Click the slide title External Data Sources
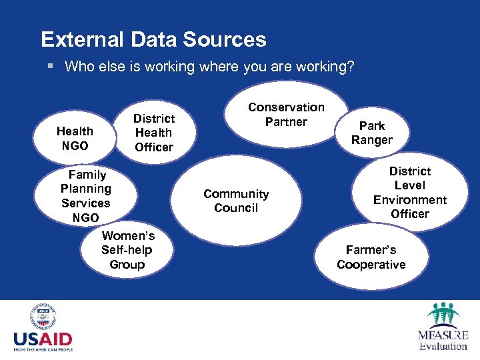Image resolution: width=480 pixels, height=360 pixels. pyautogui.click(x=153, y=39)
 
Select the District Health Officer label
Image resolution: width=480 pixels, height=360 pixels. pyautogui.click(x=154, y=133)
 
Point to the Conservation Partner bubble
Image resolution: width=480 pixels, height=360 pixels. pyautogui.click(x=286, y=115)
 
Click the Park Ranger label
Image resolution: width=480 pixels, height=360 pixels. pyautogui.click(x=372, y=133)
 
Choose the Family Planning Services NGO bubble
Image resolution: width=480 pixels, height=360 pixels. pyautogui.click(x=86, y=196)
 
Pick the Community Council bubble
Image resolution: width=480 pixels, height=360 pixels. pyautogui.click(x=236, y=201)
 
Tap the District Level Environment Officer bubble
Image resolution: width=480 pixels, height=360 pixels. pyautogui.click(x=410, y=193)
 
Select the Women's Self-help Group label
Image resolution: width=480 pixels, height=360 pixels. pyautogui.click(x=127, y=250)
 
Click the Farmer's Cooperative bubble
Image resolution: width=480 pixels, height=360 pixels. pyautogui.click(x=371, y=257)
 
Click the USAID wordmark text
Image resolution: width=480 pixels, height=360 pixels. pyautogui.click(x=43, y=337)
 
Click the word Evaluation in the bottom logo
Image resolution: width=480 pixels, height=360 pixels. pyautogui.click(x=443, y=346)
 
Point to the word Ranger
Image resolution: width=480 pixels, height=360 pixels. pyautogui.click(x=372, y=140)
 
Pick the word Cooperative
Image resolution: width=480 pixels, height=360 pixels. pyautogui.click(x=371, y=265)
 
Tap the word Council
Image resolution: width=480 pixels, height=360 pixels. pyautogui.click(x=236, y=208)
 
